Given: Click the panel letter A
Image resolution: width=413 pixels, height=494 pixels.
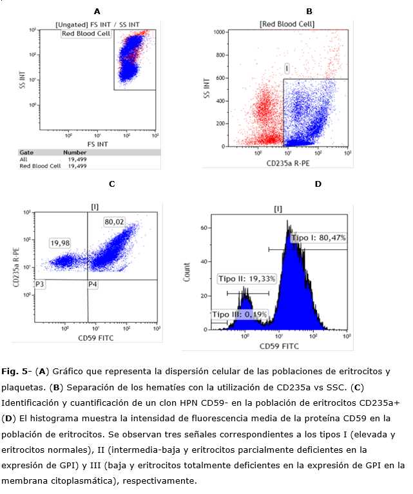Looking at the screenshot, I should [97, 11].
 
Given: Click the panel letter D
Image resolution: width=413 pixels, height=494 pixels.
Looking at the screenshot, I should [317, 184].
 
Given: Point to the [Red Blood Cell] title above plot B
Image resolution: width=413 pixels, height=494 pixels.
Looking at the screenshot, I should [287, 24].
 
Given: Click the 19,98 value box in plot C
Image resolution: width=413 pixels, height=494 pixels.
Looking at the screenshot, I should [60, 243].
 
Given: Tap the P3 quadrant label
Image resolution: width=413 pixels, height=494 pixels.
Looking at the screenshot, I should [40, 283].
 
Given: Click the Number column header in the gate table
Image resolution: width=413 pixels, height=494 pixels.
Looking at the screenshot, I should [75, 153].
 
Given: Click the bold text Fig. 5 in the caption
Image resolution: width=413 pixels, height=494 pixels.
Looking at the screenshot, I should [12, 372].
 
